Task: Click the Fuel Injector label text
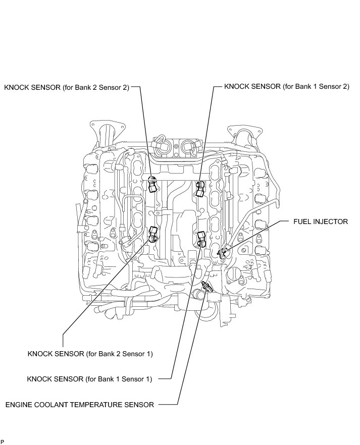321,221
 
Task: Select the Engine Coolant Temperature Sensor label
79,404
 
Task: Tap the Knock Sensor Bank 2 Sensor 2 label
67,87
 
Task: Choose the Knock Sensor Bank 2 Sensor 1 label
90,354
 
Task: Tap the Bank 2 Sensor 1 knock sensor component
154,233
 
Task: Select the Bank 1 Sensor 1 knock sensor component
201,238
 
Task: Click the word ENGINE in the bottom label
20,404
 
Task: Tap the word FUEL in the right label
302,221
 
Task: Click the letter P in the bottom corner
3,441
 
